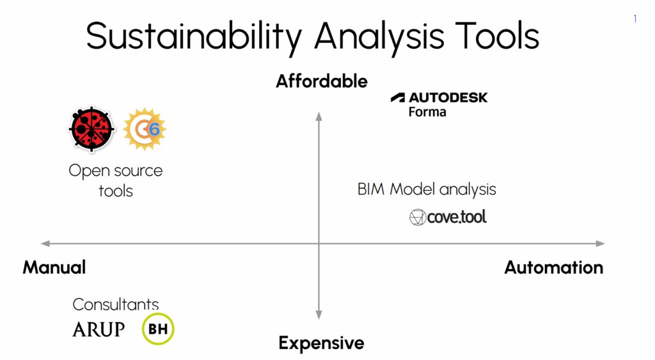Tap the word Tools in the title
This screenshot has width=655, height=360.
click(497, 36)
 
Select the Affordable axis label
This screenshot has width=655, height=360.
click(322, 81)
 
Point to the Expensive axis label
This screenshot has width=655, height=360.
click(322, 343)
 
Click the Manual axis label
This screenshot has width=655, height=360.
click(54, 267)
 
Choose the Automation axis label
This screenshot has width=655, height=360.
click(554, 267)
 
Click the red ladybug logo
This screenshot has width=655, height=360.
click(91, 129)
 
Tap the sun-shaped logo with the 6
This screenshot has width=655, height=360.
click(145, 129)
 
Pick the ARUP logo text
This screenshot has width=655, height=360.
click(99, 329)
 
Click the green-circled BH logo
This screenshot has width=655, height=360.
click(158, 329)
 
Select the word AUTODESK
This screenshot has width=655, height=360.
click(448, 98)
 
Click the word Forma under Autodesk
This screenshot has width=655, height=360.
click(427, 112)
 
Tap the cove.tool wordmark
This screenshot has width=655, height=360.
click(457, 217)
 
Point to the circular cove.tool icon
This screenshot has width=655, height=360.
click(417, 217)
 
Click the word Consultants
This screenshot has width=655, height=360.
click(116, 304)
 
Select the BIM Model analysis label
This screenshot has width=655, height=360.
click(427, 189)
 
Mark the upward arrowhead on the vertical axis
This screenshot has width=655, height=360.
click(319, 116)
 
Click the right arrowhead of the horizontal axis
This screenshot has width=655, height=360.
click(600, 244)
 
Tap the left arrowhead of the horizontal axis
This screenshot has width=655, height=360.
click(45, 244)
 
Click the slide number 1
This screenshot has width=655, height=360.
click(635, 19)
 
